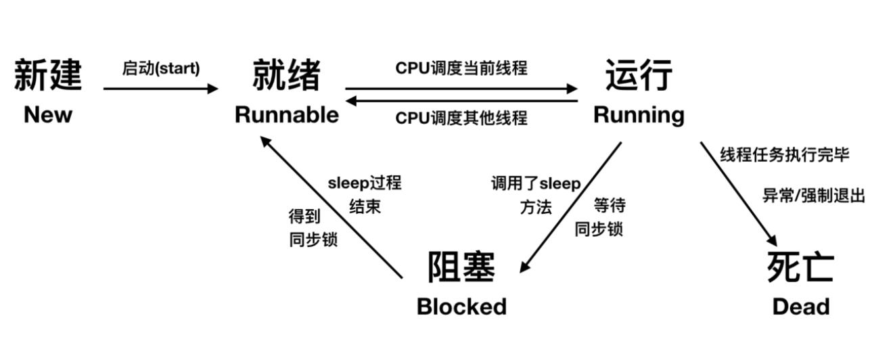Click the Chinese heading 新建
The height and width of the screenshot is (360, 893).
pos(47,76)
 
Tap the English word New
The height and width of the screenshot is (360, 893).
pos(47,115)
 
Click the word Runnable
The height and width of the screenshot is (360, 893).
pos(286,115)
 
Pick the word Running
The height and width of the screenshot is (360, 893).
pos(639,115)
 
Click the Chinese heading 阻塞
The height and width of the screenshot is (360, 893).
pos(461,267)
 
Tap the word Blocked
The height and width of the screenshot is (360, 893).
pos(461,307)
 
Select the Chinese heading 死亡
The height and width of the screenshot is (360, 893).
pos(800,267)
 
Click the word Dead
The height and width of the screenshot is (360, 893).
pos(800,307)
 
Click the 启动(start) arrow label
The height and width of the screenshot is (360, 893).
pos(161,69)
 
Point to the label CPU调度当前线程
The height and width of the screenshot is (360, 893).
pos(461,69)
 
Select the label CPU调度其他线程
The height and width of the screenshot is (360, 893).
pos(461,118)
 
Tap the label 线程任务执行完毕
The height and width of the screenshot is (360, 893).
pos(784,155)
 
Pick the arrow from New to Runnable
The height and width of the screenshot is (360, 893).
pos(161,89)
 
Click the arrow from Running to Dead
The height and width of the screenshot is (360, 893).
pos(737,193)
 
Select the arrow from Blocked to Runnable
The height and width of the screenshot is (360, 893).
pos(331,206)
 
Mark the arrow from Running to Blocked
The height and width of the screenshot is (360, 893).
pos(570,207)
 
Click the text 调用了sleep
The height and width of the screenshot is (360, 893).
pos(535,184)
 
